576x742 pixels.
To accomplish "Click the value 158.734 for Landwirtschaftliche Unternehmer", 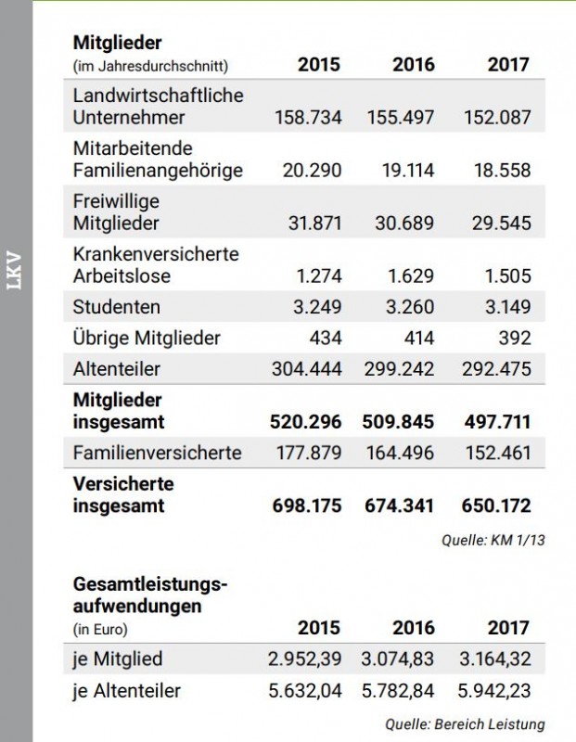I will click(308, 118).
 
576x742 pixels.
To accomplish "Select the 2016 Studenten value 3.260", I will click(407, 307).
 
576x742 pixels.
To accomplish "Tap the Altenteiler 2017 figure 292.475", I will click(496, 368).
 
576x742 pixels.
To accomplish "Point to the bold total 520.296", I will click(307, 422).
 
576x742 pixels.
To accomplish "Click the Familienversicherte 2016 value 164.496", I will click(401, 453).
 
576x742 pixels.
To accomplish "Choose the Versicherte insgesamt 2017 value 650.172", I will click(496, 505).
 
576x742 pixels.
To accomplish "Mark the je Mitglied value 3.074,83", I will click(401, 659).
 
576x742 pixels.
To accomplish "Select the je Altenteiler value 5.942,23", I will click(496, 691).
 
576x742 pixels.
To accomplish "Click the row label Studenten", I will click(116, 307).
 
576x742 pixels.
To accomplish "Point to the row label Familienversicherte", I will click(157, 453).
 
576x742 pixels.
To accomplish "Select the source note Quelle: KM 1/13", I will click(493, 540).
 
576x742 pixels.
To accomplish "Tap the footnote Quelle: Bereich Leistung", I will click(465, 723).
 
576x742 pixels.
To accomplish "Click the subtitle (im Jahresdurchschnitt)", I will click(150, 66).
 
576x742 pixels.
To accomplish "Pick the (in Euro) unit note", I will click(99, 629).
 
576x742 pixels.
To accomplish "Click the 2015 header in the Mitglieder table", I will click(318, 65).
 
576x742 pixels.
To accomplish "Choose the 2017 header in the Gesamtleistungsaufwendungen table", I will click(508, 628).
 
